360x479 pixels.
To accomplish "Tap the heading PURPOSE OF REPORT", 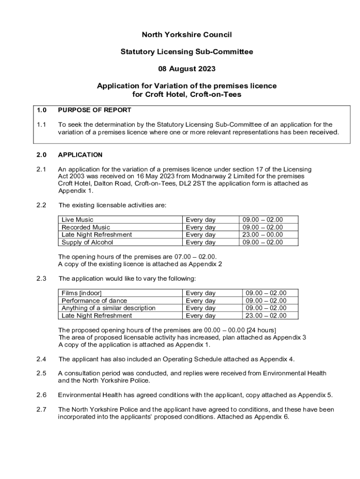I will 94,110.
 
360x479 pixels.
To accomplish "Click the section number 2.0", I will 41,155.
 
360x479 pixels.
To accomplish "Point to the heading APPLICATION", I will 80,155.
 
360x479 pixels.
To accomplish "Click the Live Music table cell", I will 78,219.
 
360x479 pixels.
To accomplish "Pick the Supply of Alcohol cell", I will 87,242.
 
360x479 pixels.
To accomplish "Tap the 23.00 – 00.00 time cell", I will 262,235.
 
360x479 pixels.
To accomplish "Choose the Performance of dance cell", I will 94,300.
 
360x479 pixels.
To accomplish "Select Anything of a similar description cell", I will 108,308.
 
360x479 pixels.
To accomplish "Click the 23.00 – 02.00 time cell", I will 266,315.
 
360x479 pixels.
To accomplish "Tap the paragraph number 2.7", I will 41,409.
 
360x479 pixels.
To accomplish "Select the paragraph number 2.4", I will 41,359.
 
